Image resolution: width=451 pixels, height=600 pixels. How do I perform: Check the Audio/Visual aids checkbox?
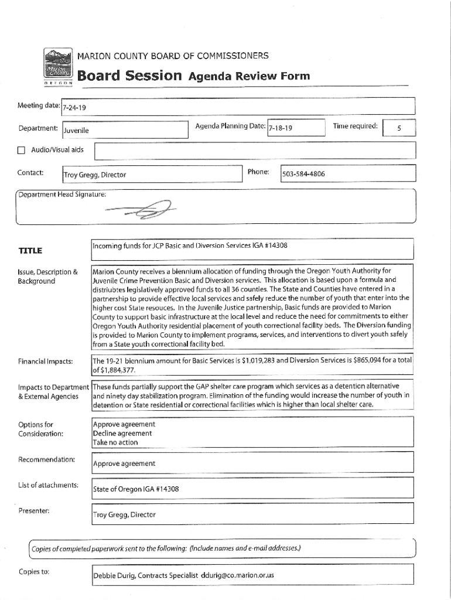coord(22,150)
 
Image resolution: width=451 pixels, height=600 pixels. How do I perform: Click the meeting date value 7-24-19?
coord(75,108)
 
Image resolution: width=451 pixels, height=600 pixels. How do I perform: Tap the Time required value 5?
coord(398,128)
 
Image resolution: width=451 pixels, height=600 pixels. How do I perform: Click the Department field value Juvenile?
coord(77,129)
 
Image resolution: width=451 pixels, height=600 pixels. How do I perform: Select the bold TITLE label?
coord(30,251)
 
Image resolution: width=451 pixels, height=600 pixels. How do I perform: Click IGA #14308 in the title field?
coord(268,246)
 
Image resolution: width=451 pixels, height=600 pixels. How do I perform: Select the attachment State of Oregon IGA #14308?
coord(136,489)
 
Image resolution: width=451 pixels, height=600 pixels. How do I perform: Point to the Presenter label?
coord(33,510)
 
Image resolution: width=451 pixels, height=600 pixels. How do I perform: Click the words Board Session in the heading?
coord(129,76)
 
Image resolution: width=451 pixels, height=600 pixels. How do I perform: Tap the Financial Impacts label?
coord(45,361)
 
